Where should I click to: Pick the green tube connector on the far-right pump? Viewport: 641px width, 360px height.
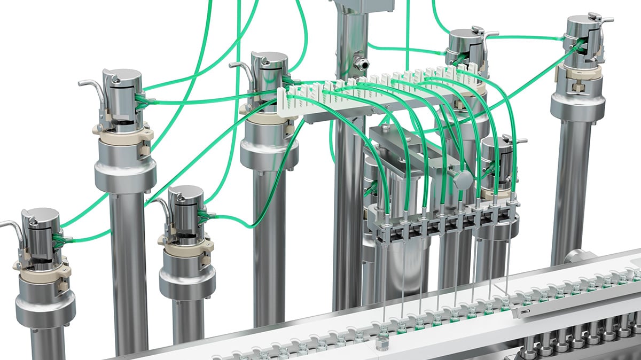576,46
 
